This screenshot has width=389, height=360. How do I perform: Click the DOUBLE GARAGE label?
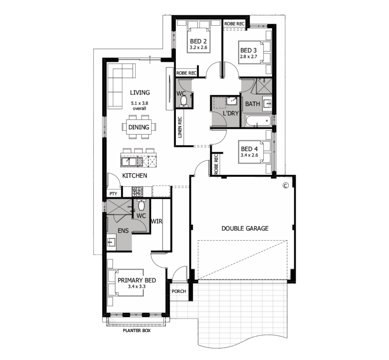click(x=245, y=228)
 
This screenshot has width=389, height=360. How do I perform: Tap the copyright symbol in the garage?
click(x=286, y=185)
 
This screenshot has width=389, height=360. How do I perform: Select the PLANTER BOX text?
click(x=137, y=330)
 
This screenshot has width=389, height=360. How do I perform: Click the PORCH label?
click(x=179, y=291)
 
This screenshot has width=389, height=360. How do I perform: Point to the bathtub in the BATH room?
click(x=258, y=121)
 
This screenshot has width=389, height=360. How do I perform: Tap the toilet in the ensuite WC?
click(x=141, y=205)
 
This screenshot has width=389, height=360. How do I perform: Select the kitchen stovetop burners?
click(x=137, y=191)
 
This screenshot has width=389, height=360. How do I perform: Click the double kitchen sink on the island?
click(x=132, y=162)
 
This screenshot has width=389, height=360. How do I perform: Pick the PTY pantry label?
click(x=113, y=193)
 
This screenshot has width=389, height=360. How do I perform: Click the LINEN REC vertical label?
click(x=180, y=128)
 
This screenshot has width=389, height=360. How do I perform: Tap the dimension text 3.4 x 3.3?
click(x=137, y=287)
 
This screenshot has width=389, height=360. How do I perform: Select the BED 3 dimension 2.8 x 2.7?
click(x=248, y=57)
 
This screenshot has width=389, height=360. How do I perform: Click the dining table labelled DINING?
click(x=139, y=127)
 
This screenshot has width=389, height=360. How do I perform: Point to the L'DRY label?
click(x=231, y=114)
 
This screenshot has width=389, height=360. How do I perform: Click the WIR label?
click(x=157, y=221)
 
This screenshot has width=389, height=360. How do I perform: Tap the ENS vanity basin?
click(x=111, y=242)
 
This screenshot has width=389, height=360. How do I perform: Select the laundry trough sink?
click(x=232, y=101)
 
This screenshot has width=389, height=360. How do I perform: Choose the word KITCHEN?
click(x=135, y=175)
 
